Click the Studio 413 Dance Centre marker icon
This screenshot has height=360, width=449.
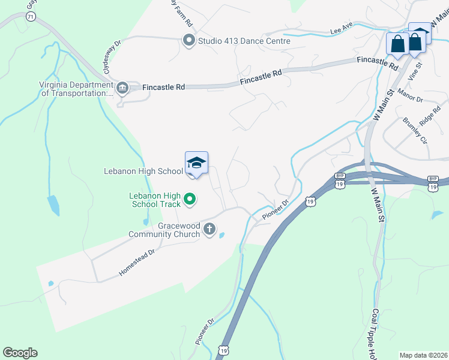pyautogui.click(x=188, y=41)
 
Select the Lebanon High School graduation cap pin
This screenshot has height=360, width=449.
pyautogui.click(x=196, y=163)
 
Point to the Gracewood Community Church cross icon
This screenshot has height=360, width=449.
pyautogui.click(x=209, y=228)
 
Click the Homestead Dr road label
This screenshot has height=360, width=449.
pyautogui.click(x=136, y=262)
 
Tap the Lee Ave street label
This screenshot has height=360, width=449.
pyautogui.click(x=341, y=31)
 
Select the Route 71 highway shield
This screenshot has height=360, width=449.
pyautogui.click(x=30, y=17)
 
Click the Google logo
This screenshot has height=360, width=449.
pyautogui.click(x=20, y=353)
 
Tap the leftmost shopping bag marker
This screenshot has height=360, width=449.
pyautogui.click(x=397, y=43)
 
